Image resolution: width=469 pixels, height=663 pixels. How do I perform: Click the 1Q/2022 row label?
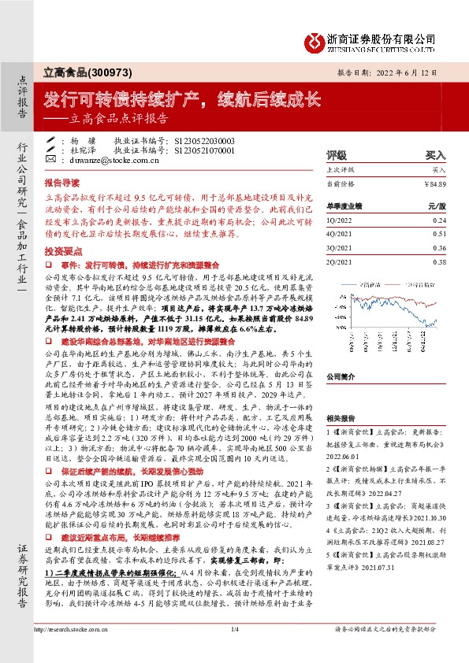click(x=341, y=220)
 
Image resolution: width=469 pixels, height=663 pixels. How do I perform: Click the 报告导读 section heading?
click(x=61, y=180)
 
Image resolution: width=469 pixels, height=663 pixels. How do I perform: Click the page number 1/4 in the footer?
click(x=234, y=650)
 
